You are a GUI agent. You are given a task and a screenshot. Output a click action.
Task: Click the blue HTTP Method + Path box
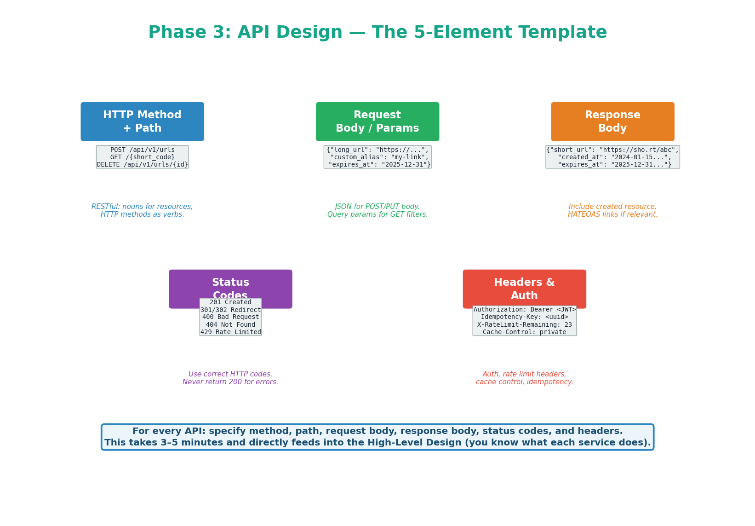pyautogui.click(x=142, y=121)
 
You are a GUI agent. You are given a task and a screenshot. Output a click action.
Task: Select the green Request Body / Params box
pyautogui.click(x=377, y=121)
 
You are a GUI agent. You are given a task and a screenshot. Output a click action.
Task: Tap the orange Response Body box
pyautogui.click(x=612, y=121)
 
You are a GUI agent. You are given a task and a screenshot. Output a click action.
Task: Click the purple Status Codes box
pyautogui.click(x=230, y=283)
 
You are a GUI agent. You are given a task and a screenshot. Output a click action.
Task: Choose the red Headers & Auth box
pyautogui.click(x=524, y=289)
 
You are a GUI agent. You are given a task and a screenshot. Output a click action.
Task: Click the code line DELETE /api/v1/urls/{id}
pyautogui.click(x=142, y=164)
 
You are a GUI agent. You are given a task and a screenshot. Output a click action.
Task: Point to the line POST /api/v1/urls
pyautogui.click(x=142, y=150)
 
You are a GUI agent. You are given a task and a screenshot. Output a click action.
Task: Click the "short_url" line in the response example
pyautogui.click(x=612, y=150)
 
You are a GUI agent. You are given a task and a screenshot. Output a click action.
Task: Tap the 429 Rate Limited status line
pyautogui.click(x=230, y=332)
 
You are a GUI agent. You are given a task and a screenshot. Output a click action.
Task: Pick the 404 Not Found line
pyautogui.click(x=230, y=324)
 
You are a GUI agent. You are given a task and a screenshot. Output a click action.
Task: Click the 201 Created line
pyautogui.click(x=230, y=302)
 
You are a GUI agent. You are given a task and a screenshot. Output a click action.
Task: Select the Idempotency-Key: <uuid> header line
pyautogui.click(x=524, y=317)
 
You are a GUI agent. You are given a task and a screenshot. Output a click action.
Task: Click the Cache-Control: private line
pyautogui.click(x=524, y=332)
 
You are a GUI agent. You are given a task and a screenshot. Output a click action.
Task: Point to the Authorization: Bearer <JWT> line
pyautogui.click(x=524, y=309)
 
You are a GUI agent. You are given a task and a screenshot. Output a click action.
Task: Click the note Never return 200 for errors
pyautogui.click(x=230, y=382)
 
